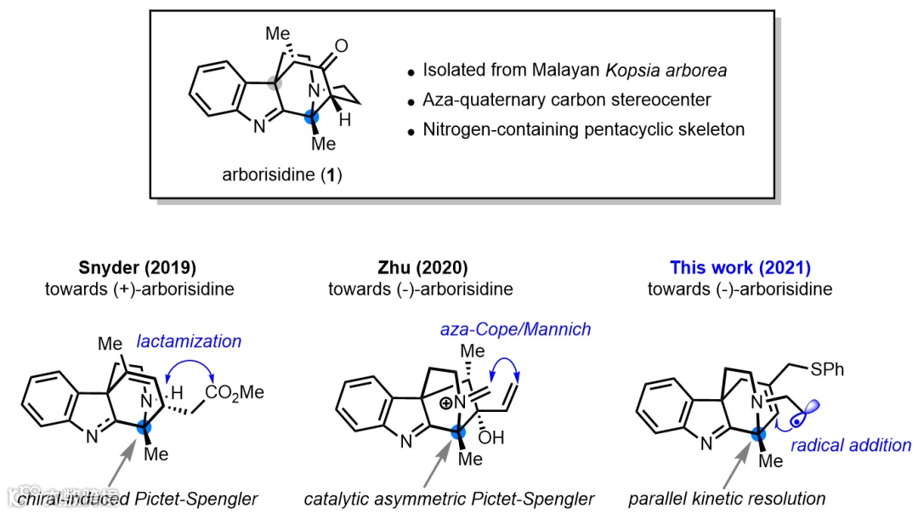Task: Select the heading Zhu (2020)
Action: click(420, 267)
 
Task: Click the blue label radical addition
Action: click(851, 444)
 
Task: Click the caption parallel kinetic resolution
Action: click(728, 499)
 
